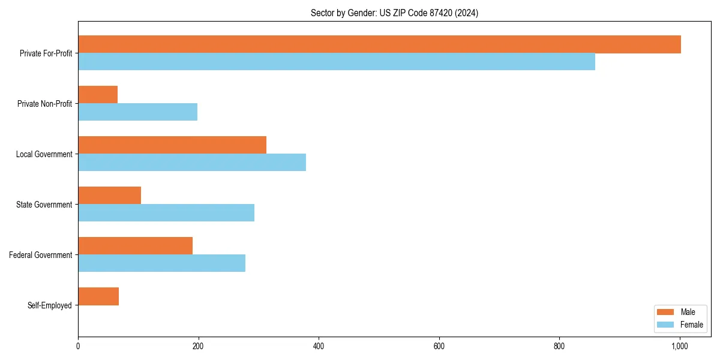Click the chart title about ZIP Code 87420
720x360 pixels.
coord(394,13)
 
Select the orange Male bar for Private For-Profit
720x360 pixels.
coord(379,44)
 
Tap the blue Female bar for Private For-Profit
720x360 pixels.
coord(336,61)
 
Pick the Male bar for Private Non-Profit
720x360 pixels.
coord(98,95)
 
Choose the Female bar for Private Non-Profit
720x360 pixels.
coord(137,112)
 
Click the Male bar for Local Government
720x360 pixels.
coord(172,145)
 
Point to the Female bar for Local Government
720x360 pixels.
coord(192,162)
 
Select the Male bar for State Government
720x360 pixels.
coord(109,196)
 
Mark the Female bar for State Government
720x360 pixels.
coord(166,212)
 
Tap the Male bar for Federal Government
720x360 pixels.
coord(135,246)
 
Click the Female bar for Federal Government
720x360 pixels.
coord(161,263)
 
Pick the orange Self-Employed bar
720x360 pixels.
coord(98,296)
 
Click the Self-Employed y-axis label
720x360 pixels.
coord(50,305)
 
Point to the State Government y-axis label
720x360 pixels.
coord(44,205)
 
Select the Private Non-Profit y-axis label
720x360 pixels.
coord(44,104)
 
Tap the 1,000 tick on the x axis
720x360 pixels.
coord(679,346)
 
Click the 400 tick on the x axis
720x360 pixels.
coord(319,346)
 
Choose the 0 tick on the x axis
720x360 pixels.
coord(78,346)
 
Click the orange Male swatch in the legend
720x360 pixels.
coord(666,312)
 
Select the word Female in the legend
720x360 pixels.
coord(692,325)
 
